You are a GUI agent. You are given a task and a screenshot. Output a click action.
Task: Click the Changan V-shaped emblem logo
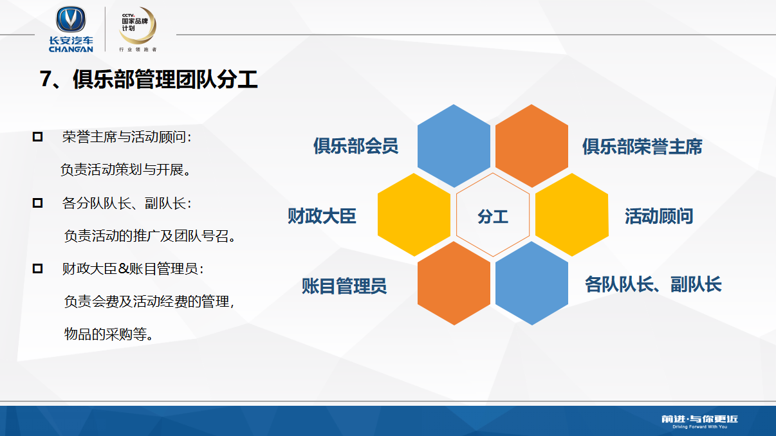(x=71, y=19)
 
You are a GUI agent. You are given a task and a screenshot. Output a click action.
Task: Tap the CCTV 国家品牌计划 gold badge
(x=138, y=26)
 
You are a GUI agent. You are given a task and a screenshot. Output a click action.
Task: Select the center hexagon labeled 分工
(x=493, y=215)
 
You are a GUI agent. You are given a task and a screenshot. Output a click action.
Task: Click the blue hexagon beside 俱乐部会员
(x=454, y=146)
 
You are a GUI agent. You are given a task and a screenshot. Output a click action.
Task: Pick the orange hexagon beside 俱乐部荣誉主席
(x=531, y=146)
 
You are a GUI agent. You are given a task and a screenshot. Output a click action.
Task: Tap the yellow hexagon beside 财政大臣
(x=414, y=215)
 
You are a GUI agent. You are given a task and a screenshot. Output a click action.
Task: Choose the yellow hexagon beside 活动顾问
(x=572, y=215)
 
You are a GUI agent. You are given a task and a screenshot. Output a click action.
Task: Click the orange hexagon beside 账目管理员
(x=454, y=284)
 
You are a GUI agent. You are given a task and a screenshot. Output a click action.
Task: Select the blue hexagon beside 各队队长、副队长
(x=531, y=284)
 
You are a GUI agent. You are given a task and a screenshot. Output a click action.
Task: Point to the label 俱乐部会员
(x=356, y=146)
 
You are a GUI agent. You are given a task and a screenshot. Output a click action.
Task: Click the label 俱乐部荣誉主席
(x=642, y=147)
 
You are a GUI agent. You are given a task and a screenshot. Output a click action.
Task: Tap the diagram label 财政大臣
(x=322, y=216)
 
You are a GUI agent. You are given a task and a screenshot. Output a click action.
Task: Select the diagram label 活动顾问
(x=659, y=216)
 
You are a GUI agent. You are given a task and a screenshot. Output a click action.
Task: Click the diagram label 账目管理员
(x=344, y=286)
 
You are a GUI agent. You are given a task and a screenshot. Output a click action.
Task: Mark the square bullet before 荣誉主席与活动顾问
(x=37, y=137)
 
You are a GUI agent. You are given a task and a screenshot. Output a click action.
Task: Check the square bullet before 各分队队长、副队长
(x=37, y=203)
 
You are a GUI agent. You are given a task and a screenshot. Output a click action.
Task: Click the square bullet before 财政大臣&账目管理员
(x=37, y=268)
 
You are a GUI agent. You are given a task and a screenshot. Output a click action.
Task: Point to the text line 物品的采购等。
(x=109, y=334)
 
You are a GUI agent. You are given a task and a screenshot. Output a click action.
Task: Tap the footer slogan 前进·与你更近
(x=700, y=419)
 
